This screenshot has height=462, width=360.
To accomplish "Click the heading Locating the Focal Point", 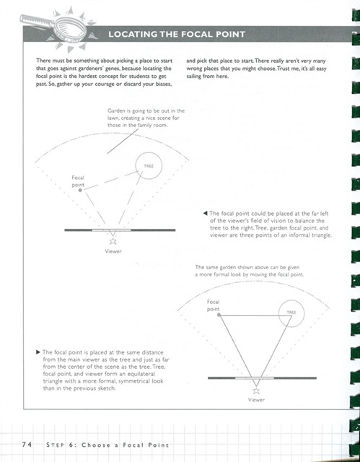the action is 177,34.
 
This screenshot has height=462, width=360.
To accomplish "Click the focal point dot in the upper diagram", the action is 80,191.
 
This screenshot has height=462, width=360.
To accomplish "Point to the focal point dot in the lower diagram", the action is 219,315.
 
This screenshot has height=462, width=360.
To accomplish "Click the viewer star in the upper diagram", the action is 113,241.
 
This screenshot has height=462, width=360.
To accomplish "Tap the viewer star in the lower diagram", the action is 256,391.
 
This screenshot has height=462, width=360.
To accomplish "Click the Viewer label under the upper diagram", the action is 113,251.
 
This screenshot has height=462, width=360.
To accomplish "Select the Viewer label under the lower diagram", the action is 256,400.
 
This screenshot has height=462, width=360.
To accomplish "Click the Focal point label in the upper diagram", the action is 78,181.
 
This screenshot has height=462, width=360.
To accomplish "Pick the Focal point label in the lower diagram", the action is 213,305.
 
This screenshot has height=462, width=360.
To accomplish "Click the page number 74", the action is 27,445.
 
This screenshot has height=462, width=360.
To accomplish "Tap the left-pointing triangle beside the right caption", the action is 205,213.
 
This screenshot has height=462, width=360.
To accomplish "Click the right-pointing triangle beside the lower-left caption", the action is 38,352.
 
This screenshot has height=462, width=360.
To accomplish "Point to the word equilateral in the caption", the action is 142,374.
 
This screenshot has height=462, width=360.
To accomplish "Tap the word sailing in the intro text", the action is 194,77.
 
